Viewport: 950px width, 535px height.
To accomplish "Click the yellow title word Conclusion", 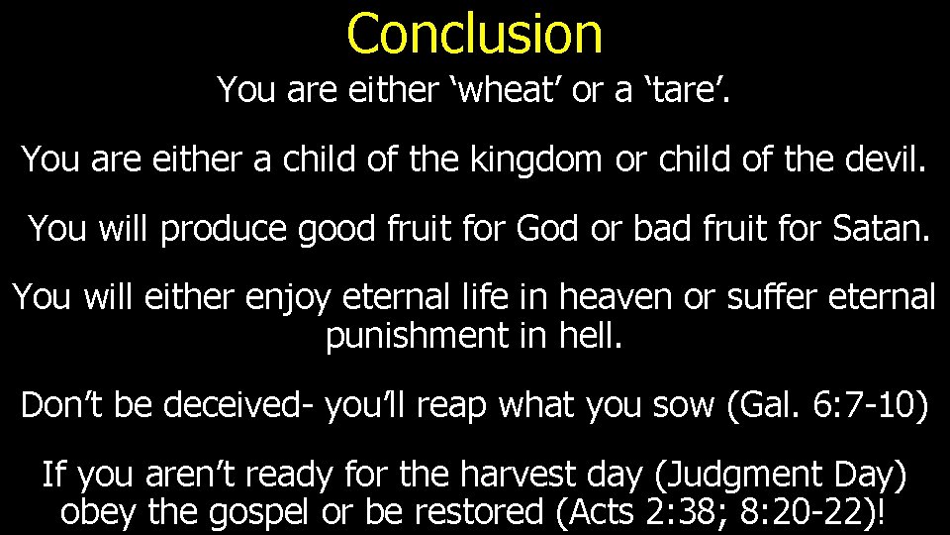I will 474,33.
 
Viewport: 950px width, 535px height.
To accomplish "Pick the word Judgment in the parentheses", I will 736,477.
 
